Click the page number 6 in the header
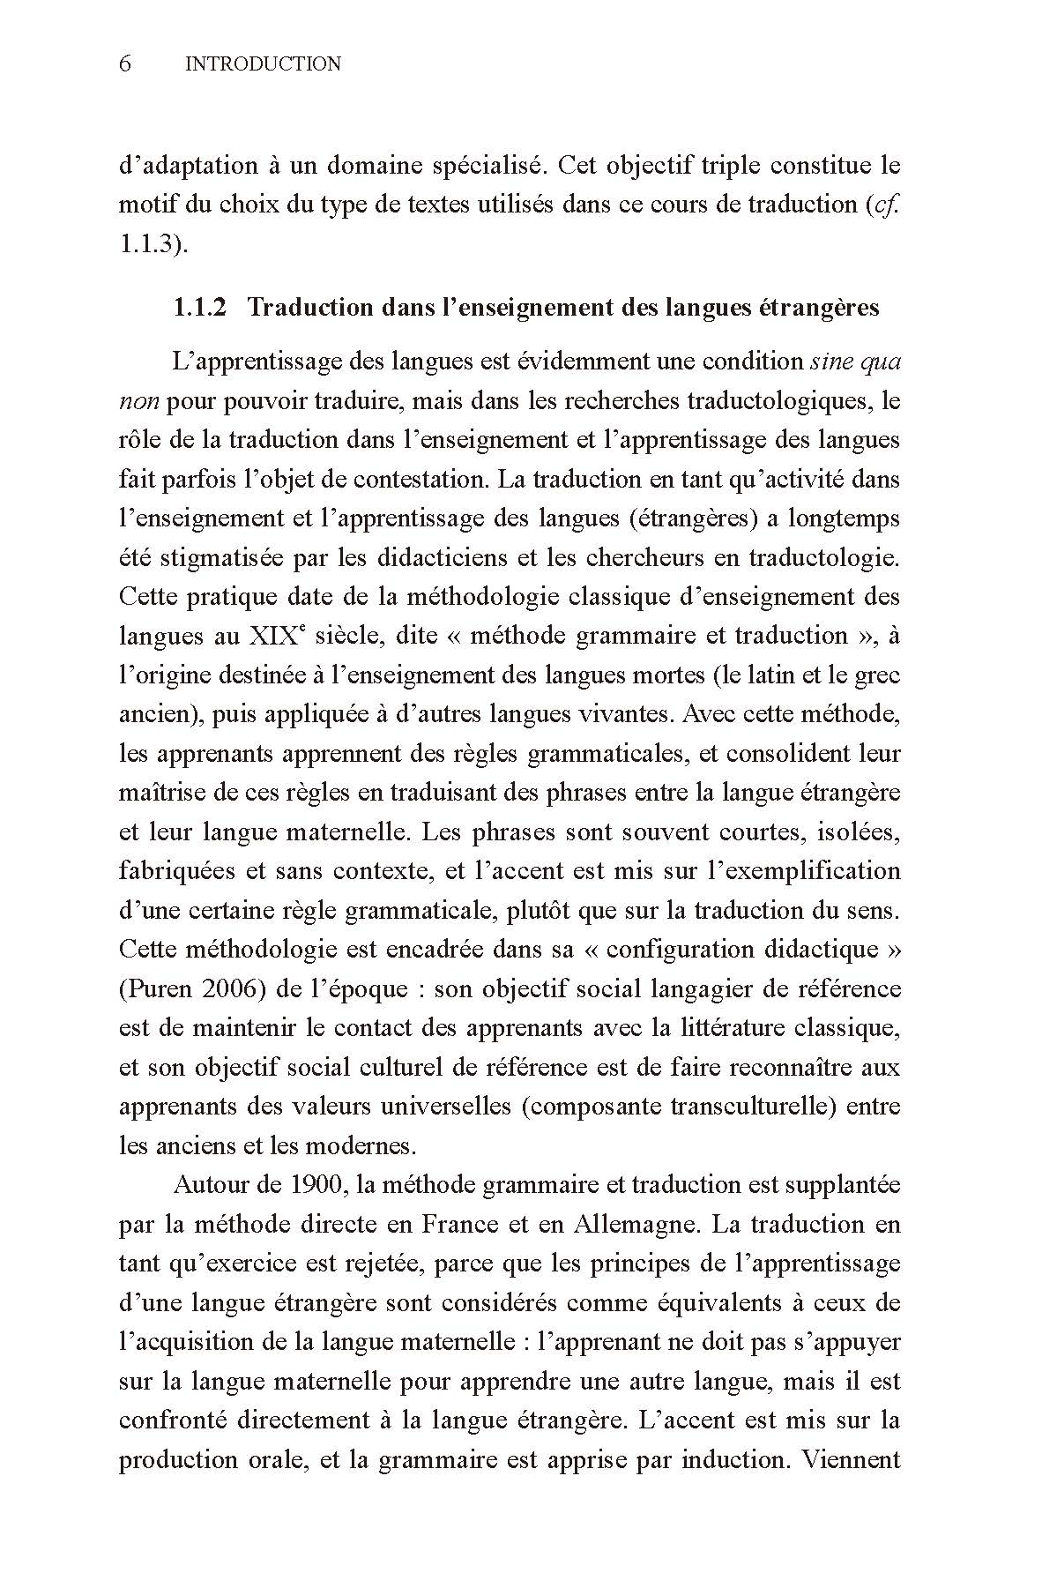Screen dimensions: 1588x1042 pos(125,63)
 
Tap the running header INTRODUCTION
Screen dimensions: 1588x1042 pos(263,63)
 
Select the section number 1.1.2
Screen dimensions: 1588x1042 pos(199,308)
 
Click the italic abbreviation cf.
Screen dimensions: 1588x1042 pos(887,205)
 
